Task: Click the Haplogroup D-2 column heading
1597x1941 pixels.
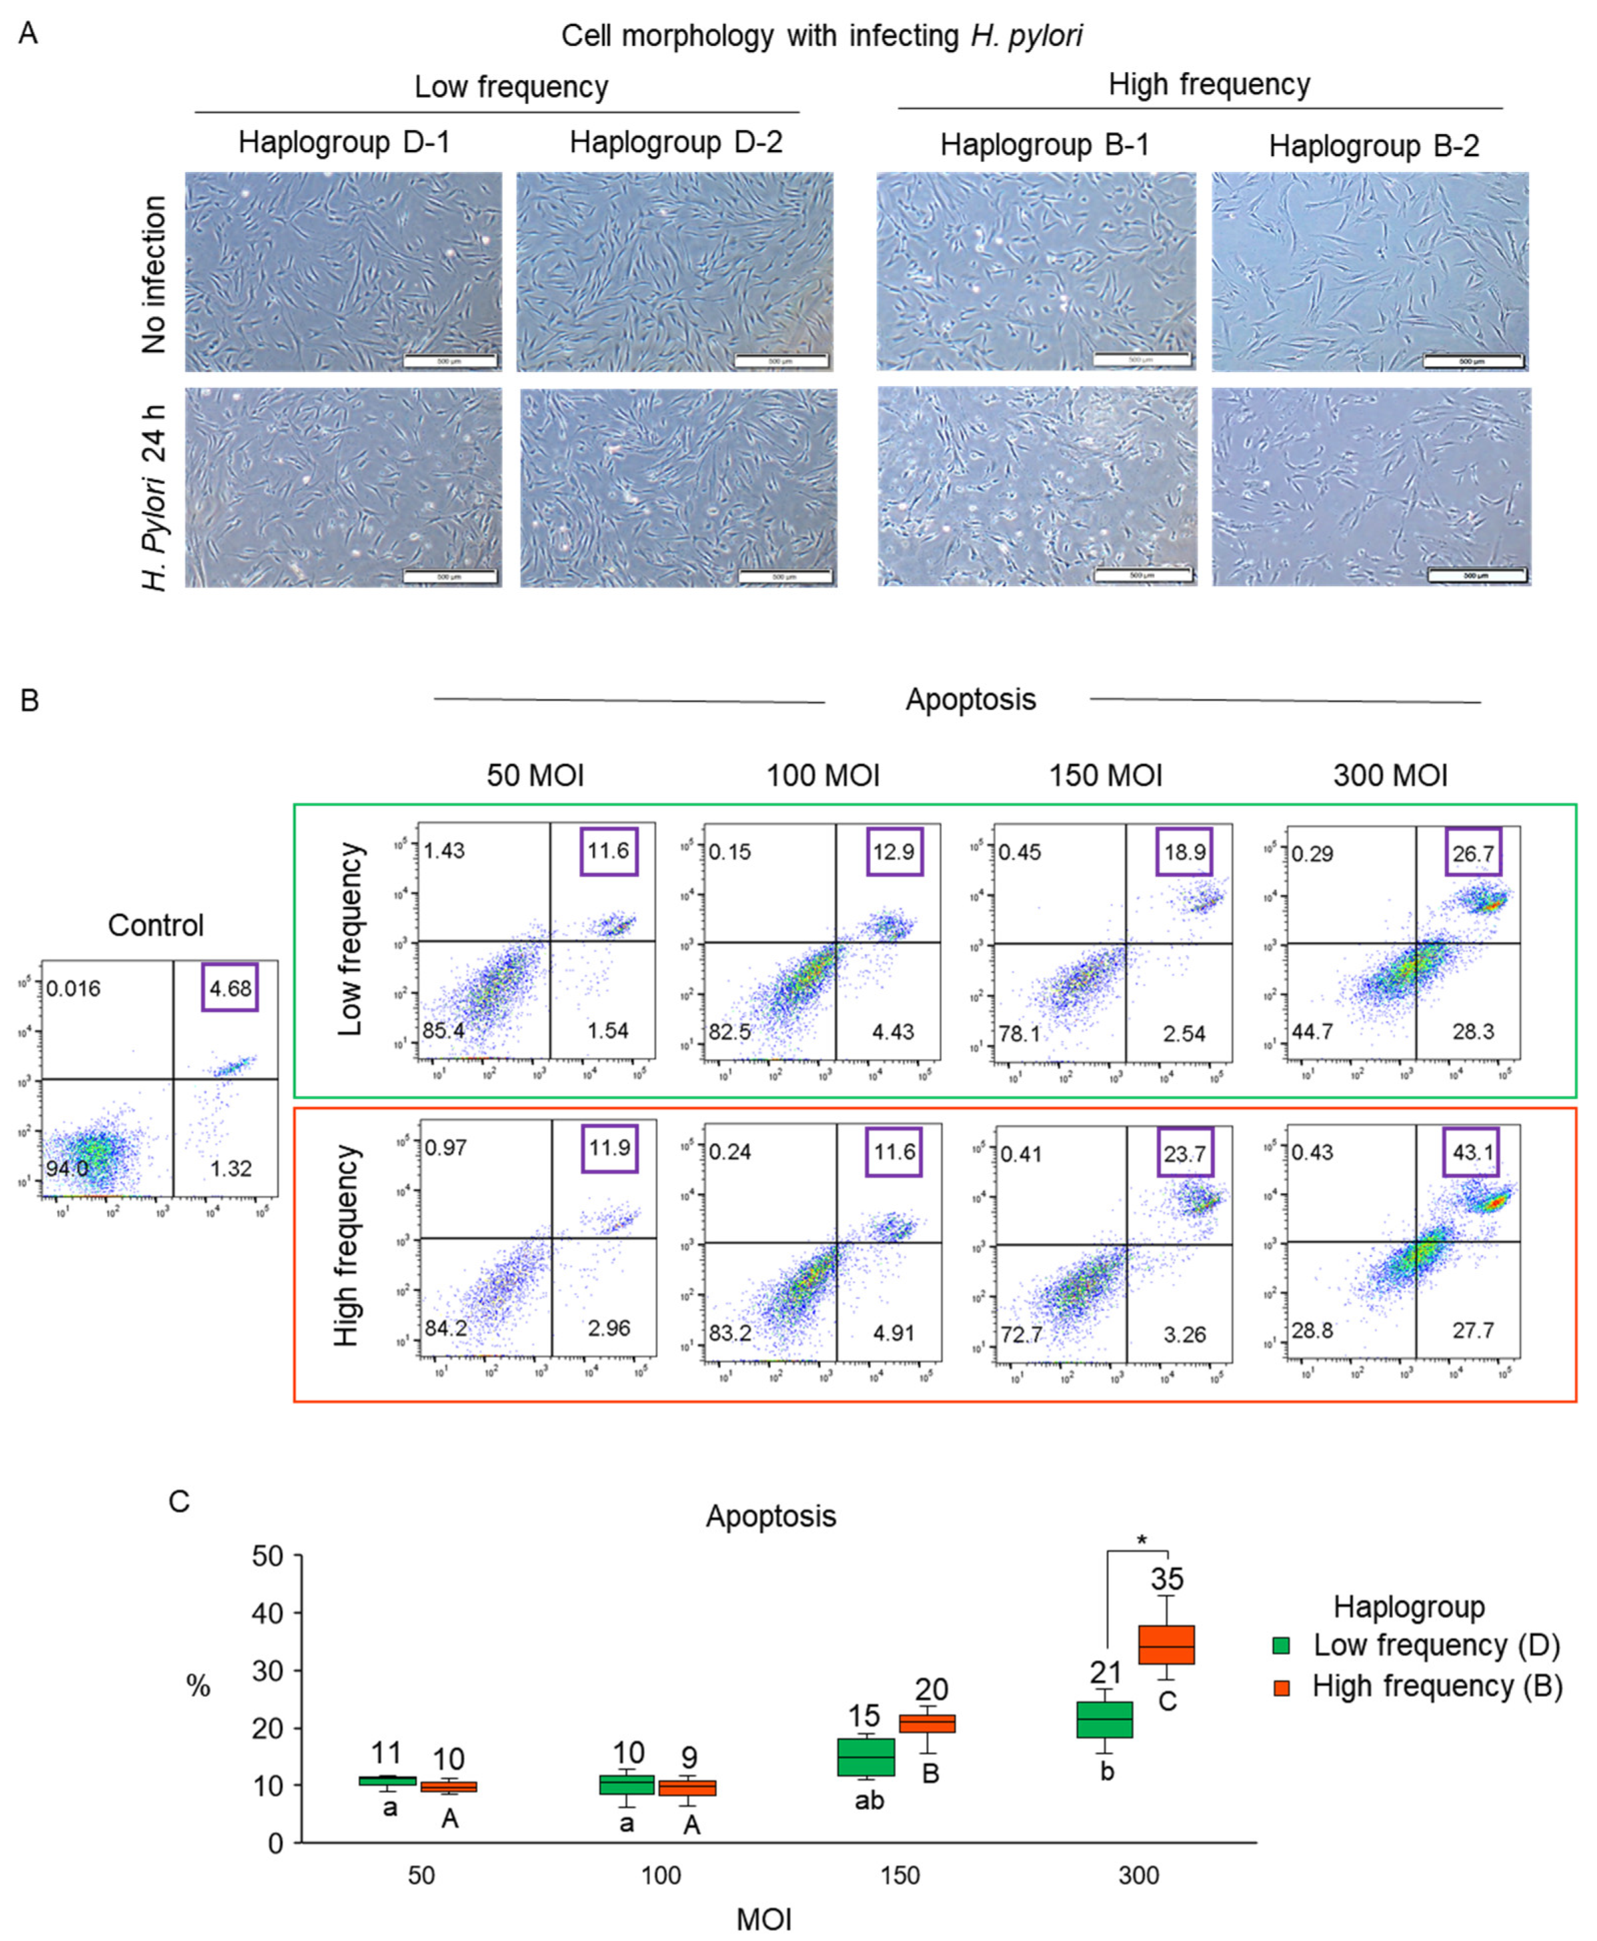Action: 676,143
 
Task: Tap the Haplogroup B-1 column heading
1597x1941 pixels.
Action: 1044,145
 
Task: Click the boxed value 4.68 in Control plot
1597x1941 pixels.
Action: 230,988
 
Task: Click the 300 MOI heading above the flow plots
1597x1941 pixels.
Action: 1390,775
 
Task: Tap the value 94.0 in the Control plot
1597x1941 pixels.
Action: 67,1168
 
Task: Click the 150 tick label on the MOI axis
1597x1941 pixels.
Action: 898,1875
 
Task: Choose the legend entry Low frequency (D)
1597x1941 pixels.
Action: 1435,1645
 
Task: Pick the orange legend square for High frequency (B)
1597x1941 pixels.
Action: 1282,1687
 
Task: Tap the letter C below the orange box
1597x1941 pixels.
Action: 1166,1701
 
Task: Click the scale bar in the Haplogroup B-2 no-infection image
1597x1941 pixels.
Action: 1473,361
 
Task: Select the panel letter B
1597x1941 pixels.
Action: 29,701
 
